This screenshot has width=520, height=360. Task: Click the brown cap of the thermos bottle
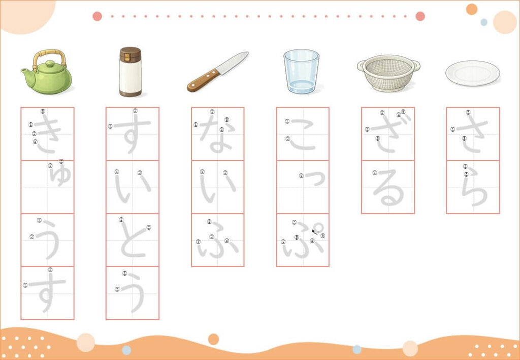pyautogui.click(x=131, y=54)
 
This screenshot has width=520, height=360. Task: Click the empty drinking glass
pyautogui.click(x=301, y=71)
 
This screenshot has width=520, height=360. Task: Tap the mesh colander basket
pyautogui.click(x=388, y=73)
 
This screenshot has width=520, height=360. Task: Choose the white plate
pyautogui.click(x=473, y=73)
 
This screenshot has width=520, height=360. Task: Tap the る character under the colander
pyautogui.click(x=388, y=187)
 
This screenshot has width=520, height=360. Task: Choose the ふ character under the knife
pyautogui.click(x=218, y=240)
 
